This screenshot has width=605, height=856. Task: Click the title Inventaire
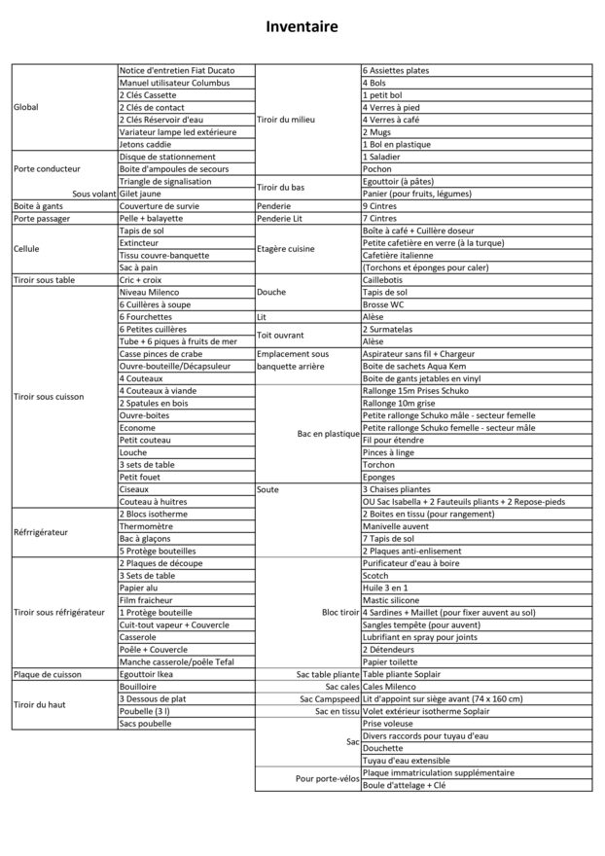pyautogui.click(x=302, y=28)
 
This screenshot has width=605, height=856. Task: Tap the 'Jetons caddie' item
pyautogui.click(x=145, y=144)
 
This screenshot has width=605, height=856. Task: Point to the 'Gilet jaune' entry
pyautogui.click(x=142, y=194)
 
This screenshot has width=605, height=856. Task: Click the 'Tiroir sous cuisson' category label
pyautogui.click(x=50, y=396)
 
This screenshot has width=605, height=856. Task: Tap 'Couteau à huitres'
pyautogui.click(x=154, y=501)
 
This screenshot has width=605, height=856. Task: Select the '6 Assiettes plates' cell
pyautogui.click(x=396, y=71)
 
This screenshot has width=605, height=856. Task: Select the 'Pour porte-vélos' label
pyautogui.click(x=328, y=778)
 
